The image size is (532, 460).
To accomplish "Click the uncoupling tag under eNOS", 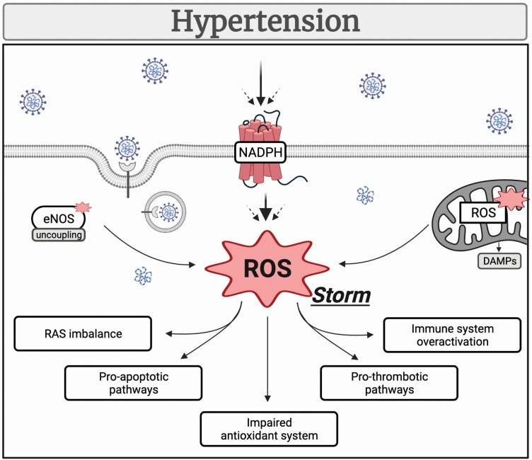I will [58, 234].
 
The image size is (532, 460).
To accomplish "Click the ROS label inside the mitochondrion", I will [482, 211].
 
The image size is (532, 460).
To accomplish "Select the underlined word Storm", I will [342, 294].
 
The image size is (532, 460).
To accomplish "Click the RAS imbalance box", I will [81, 334].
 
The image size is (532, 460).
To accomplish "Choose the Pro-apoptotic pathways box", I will [133, 383].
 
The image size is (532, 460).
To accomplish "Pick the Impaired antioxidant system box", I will [268, 428].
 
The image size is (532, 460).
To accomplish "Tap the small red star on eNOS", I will [83, 207].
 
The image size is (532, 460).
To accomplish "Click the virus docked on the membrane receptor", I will [127, 148].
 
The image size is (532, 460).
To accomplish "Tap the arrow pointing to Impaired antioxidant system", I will [267, 361].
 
